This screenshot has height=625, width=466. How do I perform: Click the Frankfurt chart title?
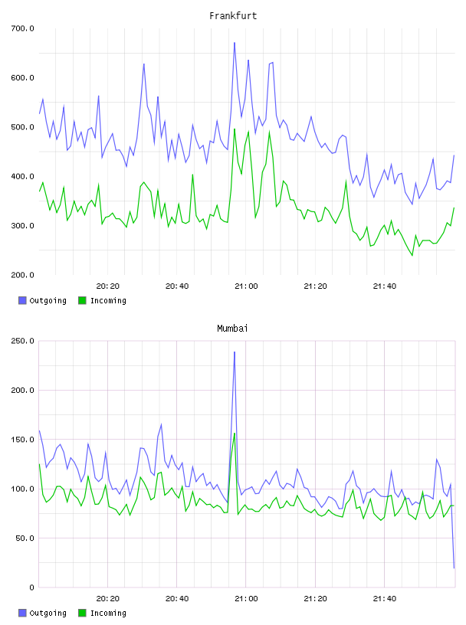coord(233,15)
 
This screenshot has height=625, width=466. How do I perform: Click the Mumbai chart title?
coord(232,328)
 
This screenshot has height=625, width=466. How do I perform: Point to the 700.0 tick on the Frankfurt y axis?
coord(23,28)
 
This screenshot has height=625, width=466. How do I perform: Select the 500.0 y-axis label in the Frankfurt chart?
coord(23,127)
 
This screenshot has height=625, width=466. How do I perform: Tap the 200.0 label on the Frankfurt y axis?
coord(23,275)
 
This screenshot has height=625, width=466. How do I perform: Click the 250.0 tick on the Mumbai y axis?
coord(23,341)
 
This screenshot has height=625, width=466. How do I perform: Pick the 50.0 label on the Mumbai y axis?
coord(25,538)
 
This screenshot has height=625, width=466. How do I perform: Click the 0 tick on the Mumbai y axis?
coord(31,587)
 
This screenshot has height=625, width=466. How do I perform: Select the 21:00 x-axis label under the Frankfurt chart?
coord(246,286)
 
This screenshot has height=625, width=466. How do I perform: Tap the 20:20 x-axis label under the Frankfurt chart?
coord(108,286)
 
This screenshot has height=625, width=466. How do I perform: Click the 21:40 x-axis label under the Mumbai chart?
coord(385,599)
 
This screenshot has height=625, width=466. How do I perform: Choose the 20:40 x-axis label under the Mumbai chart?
coord(177,599)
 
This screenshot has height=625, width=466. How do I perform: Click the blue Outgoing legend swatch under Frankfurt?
coord(22,300)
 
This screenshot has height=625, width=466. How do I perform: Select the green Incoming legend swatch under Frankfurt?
coord(82,300)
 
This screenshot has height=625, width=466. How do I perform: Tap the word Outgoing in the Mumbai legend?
coord(48,613)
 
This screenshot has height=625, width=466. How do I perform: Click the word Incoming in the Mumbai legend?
coord(108,613)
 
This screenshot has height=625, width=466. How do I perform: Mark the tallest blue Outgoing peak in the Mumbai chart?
coord(235,352)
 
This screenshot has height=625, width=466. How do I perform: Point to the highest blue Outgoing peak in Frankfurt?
coord(235,42)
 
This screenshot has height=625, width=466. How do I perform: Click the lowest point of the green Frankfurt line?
coord(412,255)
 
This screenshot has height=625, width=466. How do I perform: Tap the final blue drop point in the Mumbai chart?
coord(454,568)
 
